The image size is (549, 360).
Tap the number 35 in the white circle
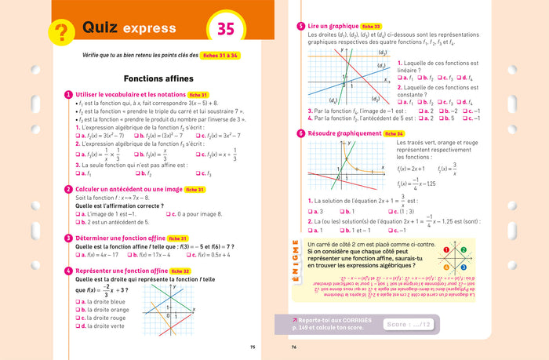point(226,30)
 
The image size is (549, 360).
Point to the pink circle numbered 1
point(69,95)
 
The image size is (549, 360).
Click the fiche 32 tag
point(180,271)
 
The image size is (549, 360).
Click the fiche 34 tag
point(394,133)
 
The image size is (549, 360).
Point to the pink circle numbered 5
point(301,26)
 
